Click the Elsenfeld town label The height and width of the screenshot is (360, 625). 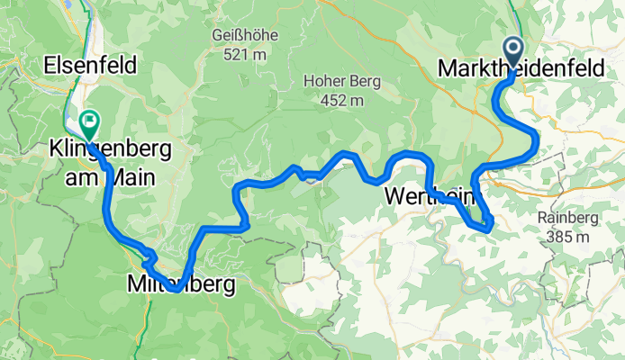[x=90, y=65]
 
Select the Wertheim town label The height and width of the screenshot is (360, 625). [x=434, y=195]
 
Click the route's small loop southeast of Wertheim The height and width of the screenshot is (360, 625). [x=487, y=221]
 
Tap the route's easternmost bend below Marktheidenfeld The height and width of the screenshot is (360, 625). [x=537, y=139]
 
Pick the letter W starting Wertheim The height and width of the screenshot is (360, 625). [x=396, y=195]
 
